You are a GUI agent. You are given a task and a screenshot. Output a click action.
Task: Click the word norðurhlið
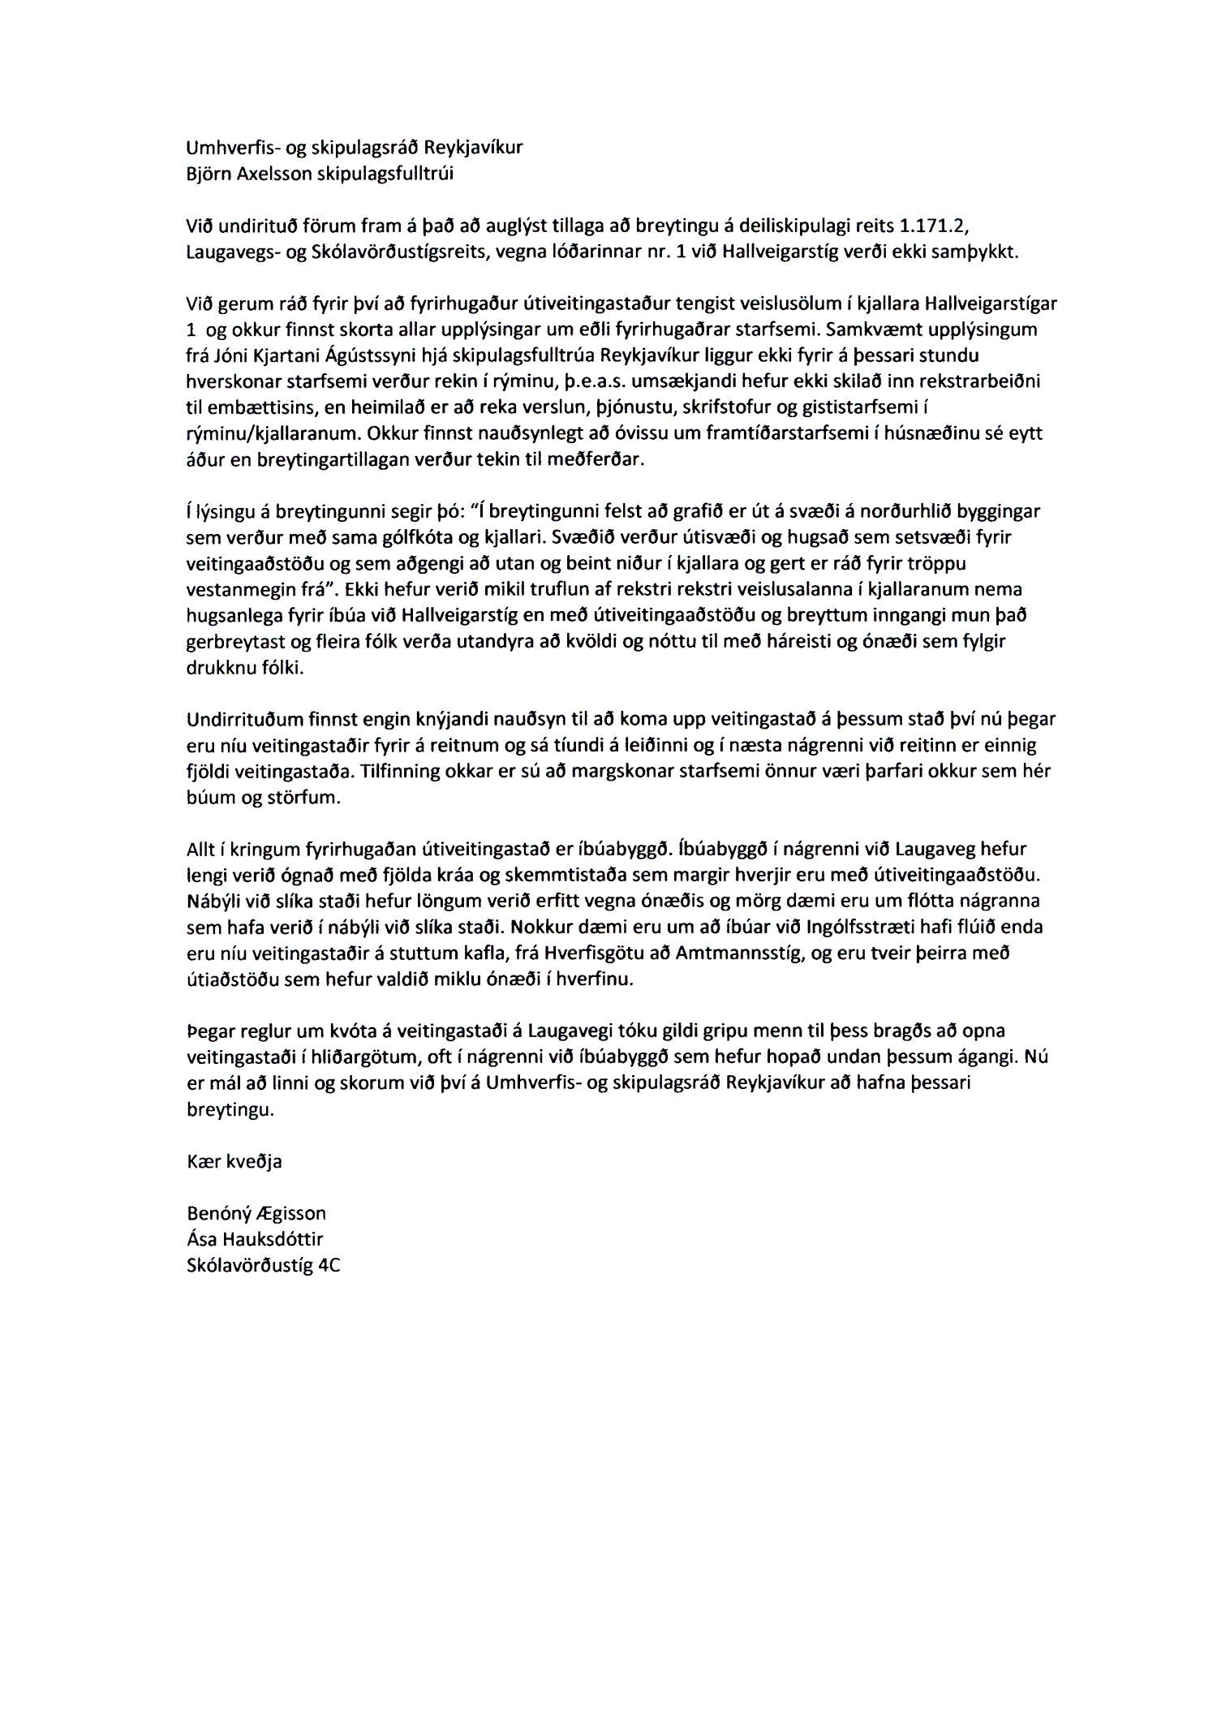click(902, 511)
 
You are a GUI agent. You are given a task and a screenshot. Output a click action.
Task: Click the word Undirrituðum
click(236, 719)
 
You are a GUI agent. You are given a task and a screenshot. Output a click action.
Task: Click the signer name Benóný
click(216, 1214)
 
